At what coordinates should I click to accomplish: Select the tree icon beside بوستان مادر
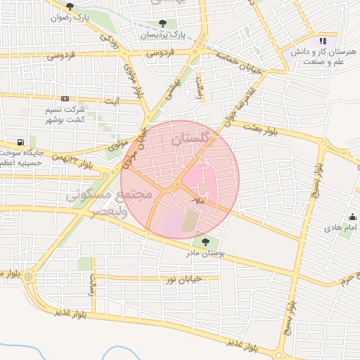pos(205,243)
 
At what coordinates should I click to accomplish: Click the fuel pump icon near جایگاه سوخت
pos(29,141)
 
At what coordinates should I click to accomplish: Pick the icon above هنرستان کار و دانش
pos(323,41)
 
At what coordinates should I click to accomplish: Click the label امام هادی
pos(340,229)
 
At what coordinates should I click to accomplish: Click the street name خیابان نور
pos(183,279)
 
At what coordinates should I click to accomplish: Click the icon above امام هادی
pos(352,217)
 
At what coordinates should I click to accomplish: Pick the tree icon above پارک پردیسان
pos(162,23)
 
